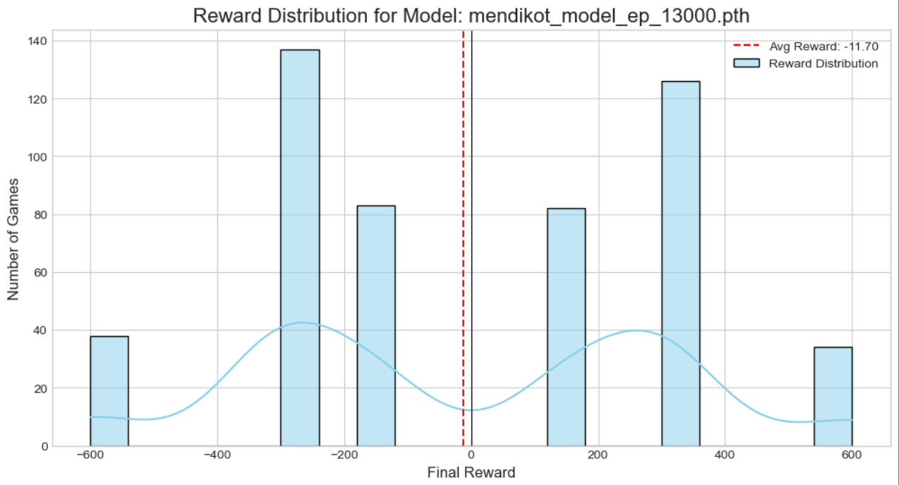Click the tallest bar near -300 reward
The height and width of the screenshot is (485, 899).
point(300,247)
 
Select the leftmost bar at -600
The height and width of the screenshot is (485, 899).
point(109,391)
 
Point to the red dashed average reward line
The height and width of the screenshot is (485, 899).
point(463,211)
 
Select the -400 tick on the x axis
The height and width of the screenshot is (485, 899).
point(217,455)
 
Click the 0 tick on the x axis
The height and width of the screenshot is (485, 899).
point(471,455)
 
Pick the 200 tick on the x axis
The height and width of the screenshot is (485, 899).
point(598,455)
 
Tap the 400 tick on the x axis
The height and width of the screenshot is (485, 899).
point(725,455)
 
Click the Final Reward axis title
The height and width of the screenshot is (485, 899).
point(471,472)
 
